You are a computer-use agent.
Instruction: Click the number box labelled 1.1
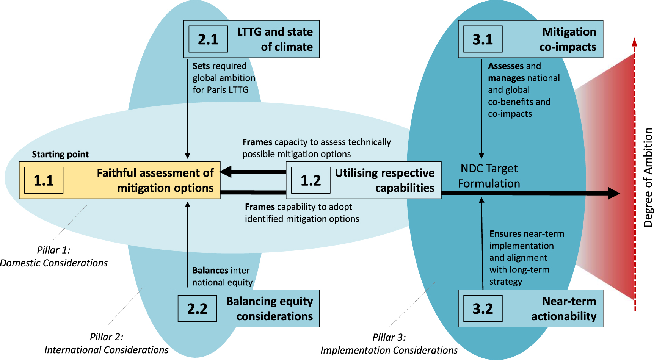point(44,180)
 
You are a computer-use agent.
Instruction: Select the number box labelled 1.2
point(311,180)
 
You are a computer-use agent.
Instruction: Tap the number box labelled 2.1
point(208,39)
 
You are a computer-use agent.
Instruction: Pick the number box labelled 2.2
point(197,308)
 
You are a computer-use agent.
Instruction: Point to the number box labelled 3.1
point(483,39)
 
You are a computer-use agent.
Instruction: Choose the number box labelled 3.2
point(483,308)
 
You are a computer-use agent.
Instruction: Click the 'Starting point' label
point(60,154)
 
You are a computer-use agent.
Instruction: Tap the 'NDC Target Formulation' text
point(489,176)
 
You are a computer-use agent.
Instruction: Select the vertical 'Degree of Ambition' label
point(648,177)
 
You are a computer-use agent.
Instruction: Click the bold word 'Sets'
point(201,66)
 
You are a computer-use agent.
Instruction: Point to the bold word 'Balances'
point(210,271)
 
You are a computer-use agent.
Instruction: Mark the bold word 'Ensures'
point(505,234)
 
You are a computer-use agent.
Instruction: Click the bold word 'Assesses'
point(505,66)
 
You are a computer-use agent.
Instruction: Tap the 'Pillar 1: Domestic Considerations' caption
point(53,257)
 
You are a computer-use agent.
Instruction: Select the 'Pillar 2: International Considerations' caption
point(106,343)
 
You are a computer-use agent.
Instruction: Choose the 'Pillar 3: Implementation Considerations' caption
point(389,344)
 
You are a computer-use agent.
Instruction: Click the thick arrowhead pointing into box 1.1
point(226,172)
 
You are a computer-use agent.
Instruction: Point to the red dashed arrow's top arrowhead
point(634,42)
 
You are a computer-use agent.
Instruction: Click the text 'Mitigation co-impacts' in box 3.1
point(568,39)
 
